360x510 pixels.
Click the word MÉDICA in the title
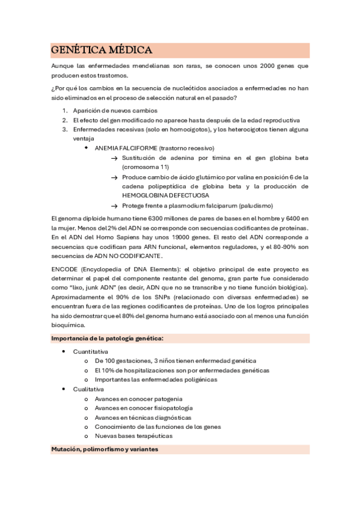tap(126, 50)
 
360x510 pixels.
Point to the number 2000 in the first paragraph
tap(255, 66)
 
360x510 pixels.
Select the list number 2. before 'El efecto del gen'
tap(66, 120)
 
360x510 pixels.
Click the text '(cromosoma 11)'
tap(145, 167)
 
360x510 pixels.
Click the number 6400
tap(291, 218)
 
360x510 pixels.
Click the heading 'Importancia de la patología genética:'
tap(107, 339)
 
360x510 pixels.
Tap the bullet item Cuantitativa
tap(91, 351)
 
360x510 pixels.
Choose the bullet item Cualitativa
tap(88, 389)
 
